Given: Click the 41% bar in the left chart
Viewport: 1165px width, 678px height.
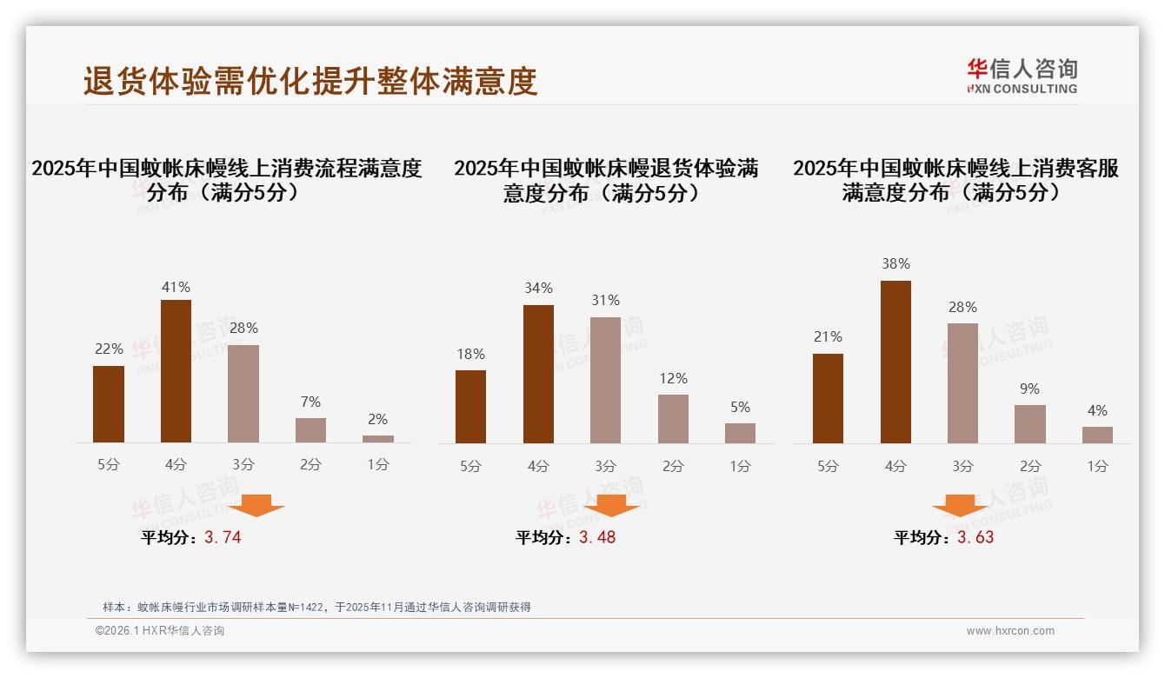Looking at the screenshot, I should pyautogui.click(x=176, y=371).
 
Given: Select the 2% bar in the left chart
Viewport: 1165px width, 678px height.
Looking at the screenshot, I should pyautogui.click(x=378, y=439).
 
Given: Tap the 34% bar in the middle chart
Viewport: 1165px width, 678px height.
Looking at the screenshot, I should pyautogui.click(x=538, y=374).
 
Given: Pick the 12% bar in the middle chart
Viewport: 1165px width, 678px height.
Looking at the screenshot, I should pyautogui.click(x=673, y=419).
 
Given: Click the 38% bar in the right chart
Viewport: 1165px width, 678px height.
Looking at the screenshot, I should pyautogui.click(x=895, y=362).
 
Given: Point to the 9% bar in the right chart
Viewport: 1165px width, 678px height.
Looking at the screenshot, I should pyautogui.click(x=1030, y=424).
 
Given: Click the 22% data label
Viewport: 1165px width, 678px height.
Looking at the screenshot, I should pyautogui.click(x=109, y=349).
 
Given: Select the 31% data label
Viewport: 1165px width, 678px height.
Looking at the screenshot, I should pyautogui.click(x=606, y=300).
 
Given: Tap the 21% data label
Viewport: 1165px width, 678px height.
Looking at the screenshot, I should pyautogui.click(x=828, y=336).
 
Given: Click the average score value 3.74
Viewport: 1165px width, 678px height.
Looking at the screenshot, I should pyautogui.click(x=223, y=537).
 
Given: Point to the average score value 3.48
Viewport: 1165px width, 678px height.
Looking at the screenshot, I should pyautogui.click(x=597, y=537).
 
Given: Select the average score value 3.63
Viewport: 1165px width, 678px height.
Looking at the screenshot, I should pyautogui.click(x=975, y=537).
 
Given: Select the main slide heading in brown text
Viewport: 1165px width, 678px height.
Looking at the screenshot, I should pyautogui.click(x=310, y=80).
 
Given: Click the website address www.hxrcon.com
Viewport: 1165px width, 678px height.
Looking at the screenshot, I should pyautogui.click(x=1010, y=631).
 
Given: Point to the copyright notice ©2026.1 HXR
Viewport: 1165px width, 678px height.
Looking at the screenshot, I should pyautogui.click(x=160, y=631).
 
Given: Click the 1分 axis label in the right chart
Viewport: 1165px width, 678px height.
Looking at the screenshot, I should pyautogui.click(x=1097, y=466).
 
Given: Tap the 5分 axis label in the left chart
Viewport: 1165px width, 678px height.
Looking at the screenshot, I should pyautogui.click(x=109, y=464).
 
